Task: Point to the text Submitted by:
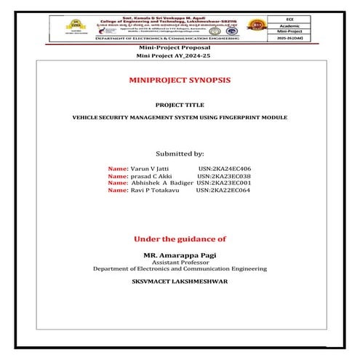pyautogui.click(x=180, y=153)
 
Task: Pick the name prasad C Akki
pyautogui.click(x=151, y=175)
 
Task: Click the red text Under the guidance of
pyautogui.click(x=180, y=239)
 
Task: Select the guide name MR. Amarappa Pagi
pyautogui.click(x=180, y=255)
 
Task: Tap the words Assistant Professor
pyautogui.click(x=180, y=262)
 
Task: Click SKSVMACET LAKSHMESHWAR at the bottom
pyautogui.click(x=180, y=280)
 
